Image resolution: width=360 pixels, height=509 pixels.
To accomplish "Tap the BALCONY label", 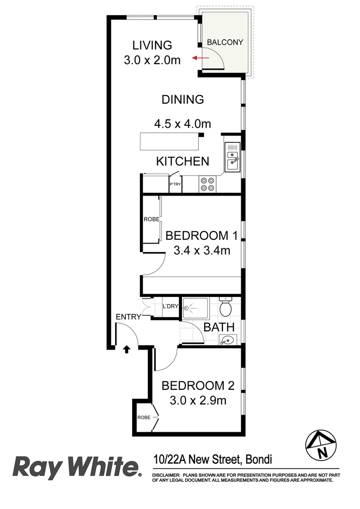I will click(x=225, y=42).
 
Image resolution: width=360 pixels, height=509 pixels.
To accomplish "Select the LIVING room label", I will click(x=152, y=45).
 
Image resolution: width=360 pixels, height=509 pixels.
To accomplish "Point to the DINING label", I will click(x=182, y=99).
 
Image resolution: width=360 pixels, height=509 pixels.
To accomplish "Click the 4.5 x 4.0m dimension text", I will click(x=182, y=124).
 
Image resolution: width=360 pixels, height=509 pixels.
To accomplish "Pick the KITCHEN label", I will click(x=182, y=161).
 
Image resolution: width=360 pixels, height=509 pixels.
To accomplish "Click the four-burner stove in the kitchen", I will click(x=207, y=184).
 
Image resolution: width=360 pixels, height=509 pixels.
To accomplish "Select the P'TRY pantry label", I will click(x=175, y=184).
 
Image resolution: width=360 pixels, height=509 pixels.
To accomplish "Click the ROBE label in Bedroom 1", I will click(x=151, y=220).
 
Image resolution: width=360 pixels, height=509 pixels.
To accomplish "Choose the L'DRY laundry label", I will click(x=170, y=306).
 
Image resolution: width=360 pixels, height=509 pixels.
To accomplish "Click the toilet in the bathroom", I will click(x=226, y=308).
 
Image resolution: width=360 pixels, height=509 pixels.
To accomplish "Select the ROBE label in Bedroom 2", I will click(x=144, y=418).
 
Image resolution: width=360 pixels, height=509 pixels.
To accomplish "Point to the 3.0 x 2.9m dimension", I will click(x=198, y=401).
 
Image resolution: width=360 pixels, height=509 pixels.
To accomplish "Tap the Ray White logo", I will click(x=77, y=467).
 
